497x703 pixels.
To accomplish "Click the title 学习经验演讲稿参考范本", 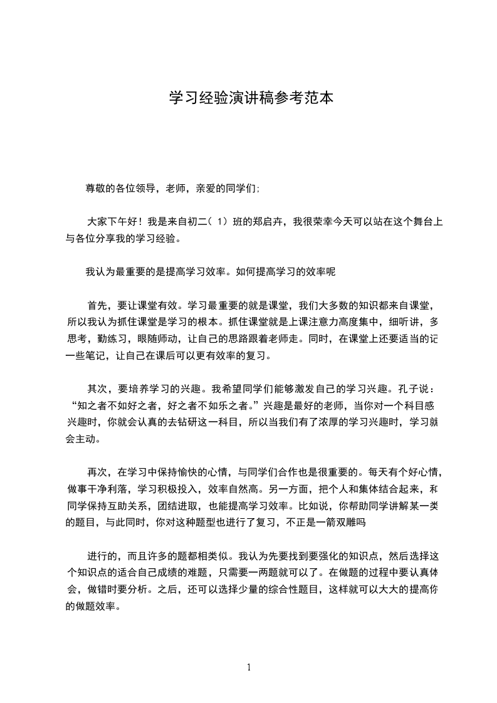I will point(251,98).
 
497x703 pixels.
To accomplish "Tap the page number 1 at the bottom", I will point(249,667).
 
